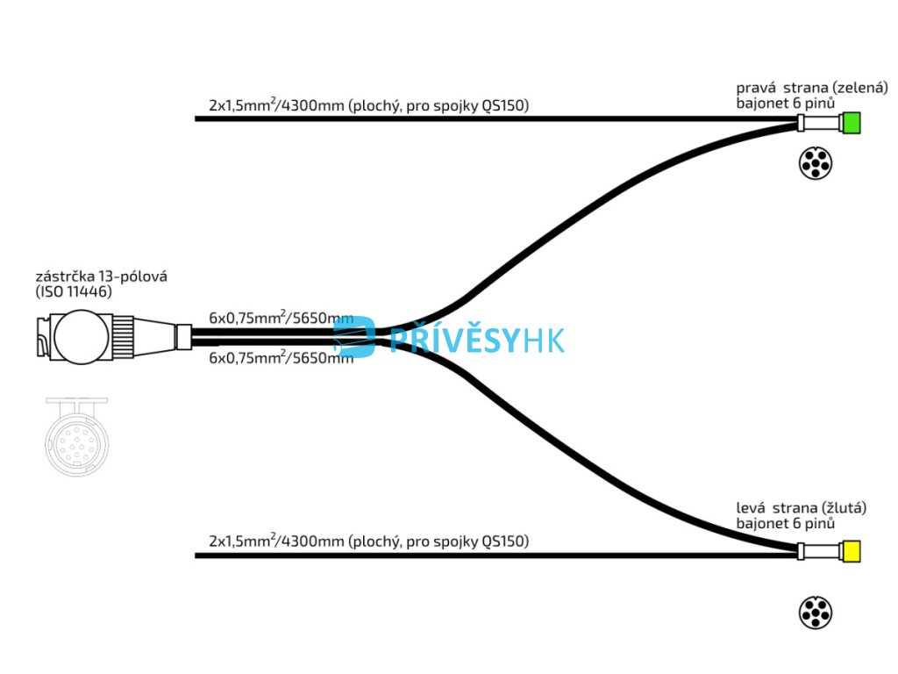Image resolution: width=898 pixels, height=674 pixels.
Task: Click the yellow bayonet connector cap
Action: (x=851, y=552)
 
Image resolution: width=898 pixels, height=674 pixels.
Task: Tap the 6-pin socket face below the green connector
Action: (x=815, y=164)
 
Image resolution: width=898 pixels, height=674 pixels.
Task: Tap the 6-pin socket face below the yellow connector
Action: (x=815, y=612)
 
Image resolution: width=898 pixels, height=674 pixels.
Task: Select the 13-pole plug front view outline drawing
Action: (x=80, y=435)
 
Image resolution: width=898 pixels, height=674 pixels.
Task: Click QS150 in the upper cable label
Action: (x=506, y=106)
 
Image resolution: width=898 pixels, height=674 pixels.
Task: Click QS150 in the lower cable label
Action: (x=506, y=541)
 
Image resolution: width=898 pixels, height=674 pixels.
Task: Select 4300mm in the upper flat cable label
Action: (x=311, y=106)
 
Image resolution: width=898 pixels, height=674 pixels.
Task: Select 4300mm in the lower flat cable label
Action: (x=311, y=541)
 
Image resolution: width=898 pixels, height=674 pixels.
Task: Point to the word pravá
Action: (x=756, y=89)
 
